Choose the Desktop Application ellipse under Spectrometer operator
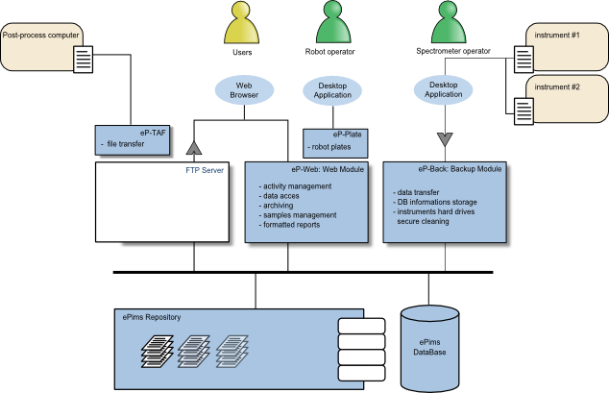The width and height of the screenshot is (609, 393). (444, 89)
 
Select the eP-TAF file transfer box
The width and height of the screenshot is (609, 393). (132, 140)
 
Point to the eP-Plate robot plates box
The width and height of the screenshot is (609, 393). (330, 142)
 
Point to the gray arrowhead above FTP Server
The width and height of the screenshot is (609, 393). (193, 146)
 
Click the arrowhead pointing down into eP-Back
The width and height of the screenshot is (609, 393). (444, 137)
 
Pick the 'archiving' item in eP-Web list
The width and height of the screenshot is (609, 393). (279, 204)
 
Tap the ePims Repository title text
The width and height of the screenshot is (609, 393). (150, 316)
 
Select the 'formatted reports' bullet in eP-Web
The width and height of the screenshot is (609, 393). (292, 224)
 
